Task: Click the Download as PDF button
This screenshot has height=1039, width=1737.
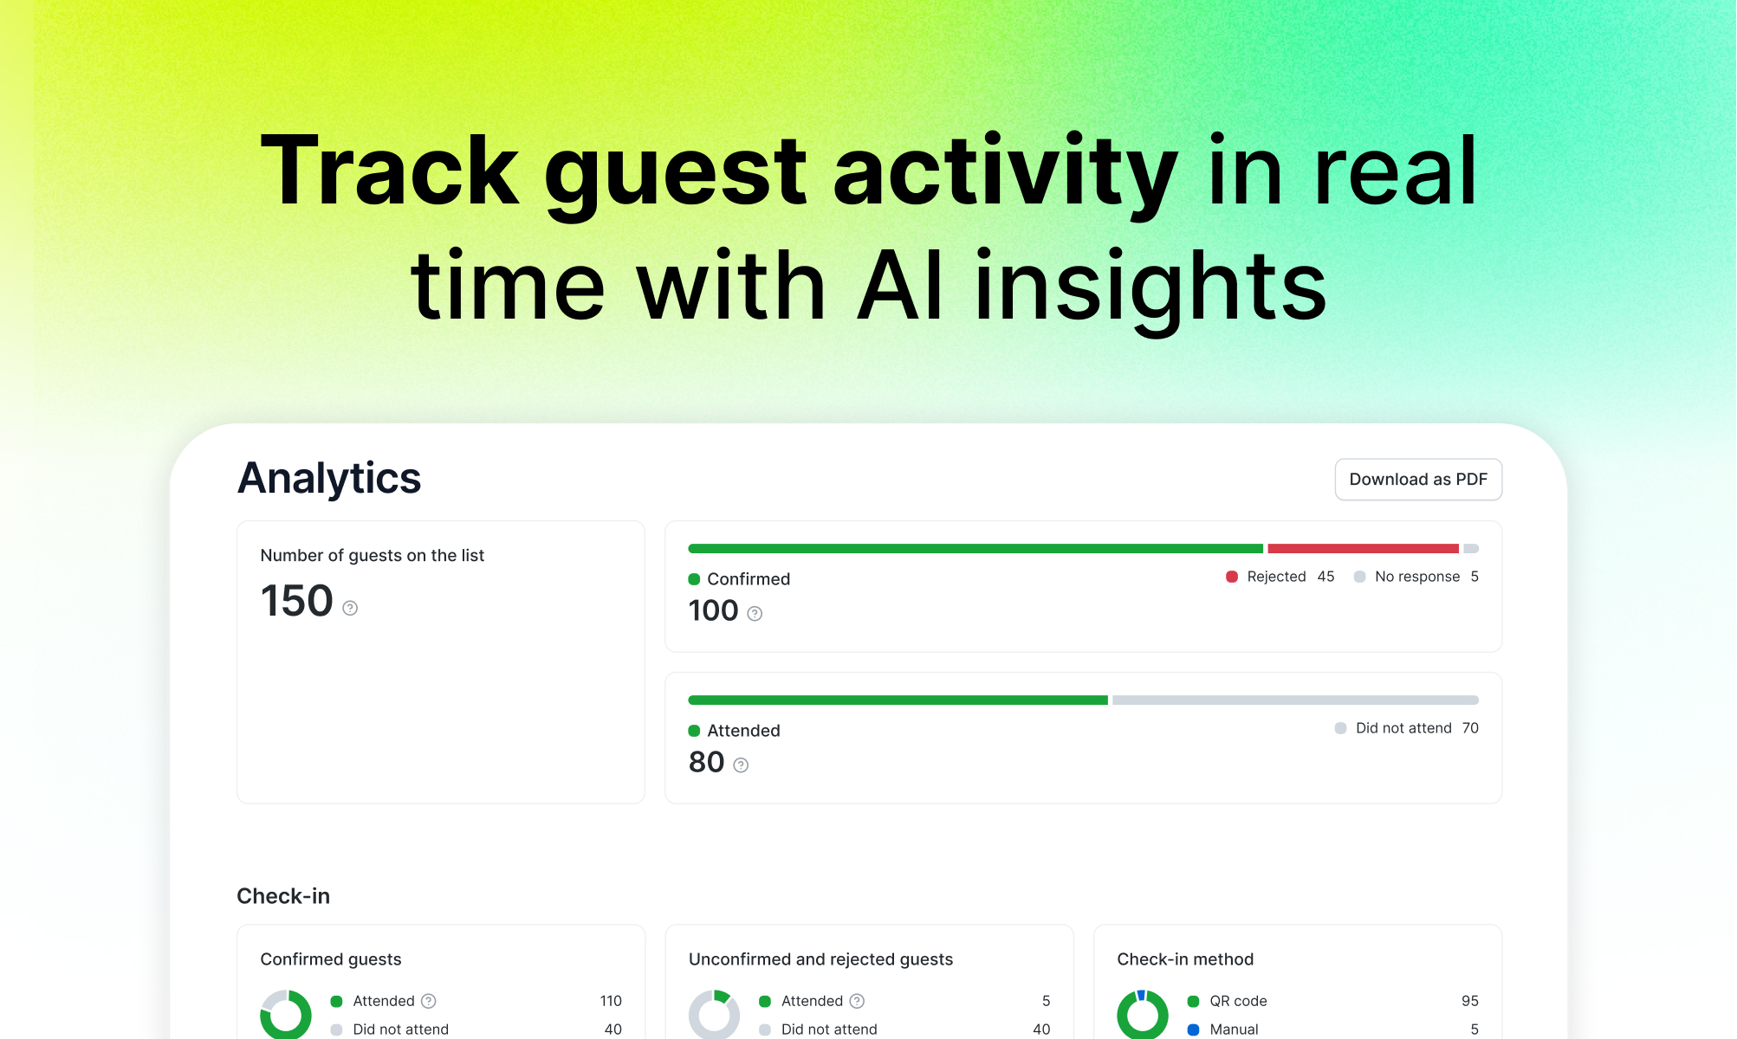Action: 1418,480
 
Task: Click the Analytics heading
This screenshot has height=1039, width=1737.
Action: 329,478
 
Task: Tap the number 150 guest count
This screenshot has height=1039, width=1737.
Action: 296,601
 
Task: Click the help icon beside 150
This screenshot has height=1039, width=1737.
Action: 350,608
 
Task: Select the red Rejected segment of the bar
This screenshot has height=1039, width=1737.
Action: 1363,549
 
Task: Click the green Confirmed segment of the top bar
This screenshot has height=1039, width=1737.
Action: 975,549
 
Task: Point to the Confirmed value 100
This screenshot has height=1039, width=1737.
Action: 713,611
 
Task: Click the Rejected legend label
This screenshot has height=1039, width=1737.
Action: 1276,577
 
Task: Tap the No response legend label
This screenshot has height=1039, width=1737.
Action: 1417,577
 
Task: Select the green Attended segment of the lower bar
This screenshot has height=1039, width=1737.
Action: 898,700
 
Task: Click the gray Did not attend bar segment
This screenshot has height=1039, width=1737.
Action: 1295,700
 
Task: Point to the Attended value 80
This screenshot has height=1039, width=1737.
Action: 706,763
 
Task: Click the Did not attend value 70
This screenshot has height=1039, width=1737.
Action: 1470,728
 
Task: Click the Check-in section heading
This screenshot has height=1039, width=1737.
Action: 283,896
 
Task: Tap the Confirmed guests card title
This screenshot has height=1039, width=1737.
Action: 331,959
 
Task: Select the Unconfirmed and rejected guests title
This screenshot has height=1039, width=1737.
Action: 820,959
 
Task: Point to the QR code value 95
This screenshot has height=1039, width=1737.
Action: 1469,1001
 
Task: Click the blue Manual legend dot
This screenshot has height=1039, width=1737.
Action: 1194,1029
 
